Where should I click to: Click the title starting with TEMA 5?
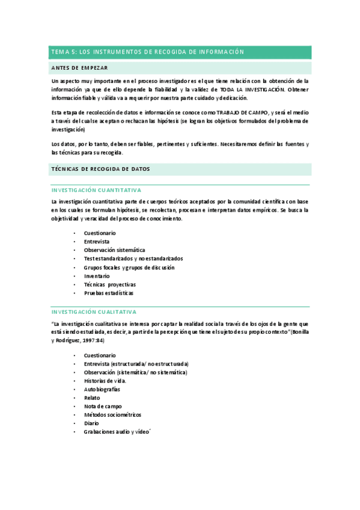coord(147,52)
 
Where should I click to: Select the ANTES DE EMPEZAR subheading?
coord(80,68)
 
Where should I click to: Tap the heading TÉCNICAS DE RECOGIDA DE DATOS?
coord(101,169)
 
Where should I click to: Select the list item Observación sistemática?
coord(114,250)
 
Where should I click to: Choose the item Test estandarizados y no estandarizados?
coord(133,259)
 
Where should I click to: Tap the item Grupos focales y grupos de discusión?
coord(129,268)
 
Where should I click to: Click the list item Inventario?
coord(97,276)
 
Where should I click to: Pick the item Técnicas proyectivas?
coord(110,284)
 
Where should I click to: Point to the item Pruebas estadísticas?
coord(109,293)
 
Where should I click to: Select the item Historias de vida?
coord(105,381)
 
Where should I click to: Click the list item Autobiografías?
coord(102,389)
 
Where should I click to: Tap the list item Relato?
coord(93,398)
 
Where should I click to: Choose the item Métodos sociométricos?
coord(113,414)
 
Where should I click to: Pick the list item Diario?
coord(92,423)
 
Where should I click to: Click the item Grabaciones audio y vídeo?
coord(116,432)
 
